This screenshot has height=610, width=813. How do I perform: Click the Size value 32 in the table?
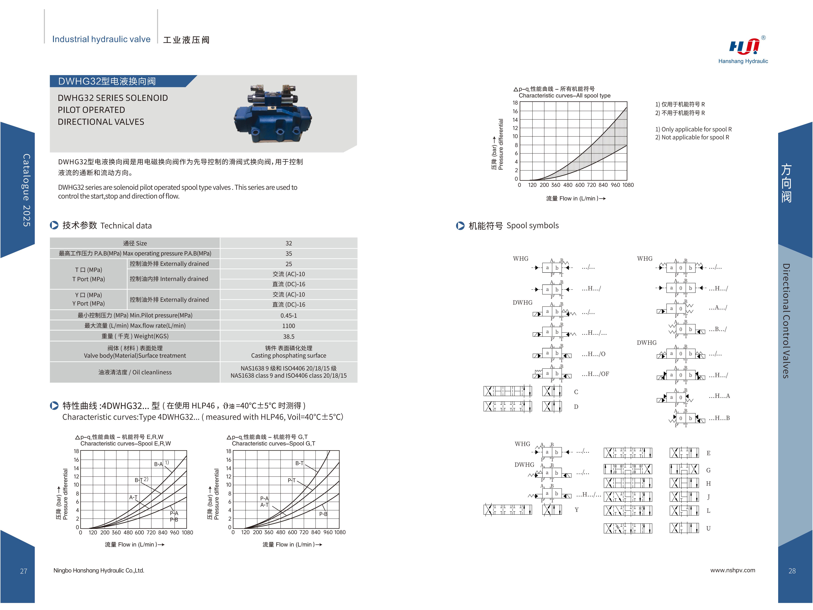click(x=289, y=243)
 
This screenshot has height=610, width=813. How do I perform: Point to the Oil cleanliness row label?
click(x=135, y=372)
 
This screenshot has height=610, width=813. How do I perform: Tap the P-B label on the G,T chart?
click(x=323, y=514)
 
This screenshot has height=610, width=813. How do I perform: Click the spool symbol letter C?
click(x=576, y=392)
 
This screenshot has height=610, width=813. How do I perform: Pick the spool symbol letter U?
click(x=708, y=528)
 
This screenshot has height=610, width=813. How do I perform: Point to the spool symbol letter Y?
click(x=577, y=510)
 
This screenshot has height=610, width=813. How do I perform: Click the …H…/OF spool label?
click(x=595, y=374)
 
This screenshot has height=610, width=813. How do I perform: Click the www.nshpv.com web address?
click(x=732, y=570)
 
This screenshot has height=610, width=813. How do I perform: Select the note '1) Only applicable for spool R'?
click(x=693, y=129)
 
